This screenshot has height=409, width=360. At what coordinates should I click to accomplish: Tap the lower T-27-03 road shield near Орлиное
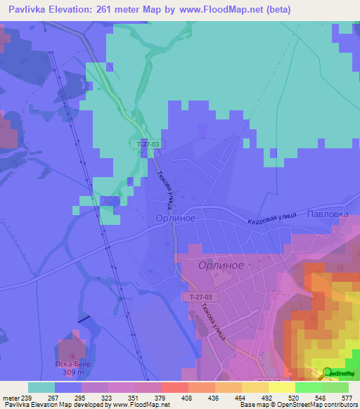[200, 297]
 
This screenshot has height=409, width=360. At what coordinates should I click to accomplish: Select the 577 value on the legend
[347, 397]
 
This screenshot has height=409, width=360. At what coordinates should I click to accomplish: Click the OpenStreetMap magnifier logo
[326, 374]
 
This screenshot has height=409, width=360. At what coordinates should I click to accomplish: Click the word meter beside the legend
[9, 397]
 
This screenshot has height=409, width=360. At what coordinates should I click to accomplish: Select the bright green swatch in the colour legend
[308, 387]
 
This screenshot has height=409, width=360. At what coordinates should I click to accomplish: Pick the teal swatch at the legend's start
[41, 387]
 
